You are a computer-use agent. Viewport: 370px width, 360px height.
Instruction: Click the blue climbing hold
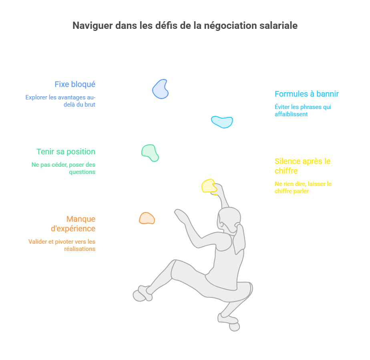[x=160, y=89]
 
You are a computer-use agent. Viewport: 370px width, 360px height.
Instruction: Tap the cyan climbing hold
[x=222, y=122]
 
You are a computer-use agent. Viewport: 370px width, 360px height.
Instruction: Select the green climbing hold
[x=150, y=152]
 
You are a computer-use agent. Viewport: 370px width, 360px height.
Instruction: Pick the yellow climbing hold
[x=209, y=186]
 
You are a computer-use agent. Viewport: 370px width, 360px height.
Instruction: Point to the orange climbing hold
[x=147, y=218]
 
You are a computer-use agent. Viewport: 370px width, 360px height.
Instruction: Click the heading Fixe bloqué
[x=75, y=84]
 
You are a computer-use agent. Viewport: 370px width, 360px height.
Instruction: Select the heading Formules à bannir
[x=306, y=94]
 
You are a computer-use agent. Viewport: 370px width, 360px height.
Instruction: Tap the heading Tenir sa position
[x=66, y=152]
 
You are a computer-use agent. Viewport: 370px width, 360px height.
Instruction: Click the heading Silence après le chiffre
[x=302, y=166]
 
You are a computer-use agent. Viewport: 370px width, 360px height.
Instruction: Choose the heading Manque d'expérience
[x=73, y=224]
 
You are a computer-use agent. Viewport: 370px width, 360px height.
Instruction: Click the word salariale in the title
[x=278, y=26]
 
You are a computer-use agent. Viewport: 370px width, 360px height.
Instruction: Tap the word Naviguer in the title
[x=92, y=26]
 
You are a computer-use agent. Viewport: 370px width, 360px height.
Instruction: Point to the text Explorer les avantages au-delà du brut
[x=60, y=101]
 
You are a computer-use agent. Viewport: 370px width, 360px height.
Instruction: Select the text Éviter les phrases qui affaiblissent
[x=303, y=111]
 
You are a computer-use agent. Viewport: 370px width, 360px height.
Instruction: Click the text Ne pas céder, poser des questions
[x=64, y=168]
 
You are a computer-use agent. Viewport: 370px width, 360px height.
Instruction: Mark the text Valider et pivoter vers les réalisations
[x=62, y=245]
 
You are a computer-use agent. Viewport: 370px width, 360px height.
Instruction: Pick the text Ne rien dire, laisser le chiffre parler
[x=303, y=188]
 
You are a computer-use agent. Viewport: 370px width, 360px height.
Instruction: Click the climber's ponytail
[x=239, y=239]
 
